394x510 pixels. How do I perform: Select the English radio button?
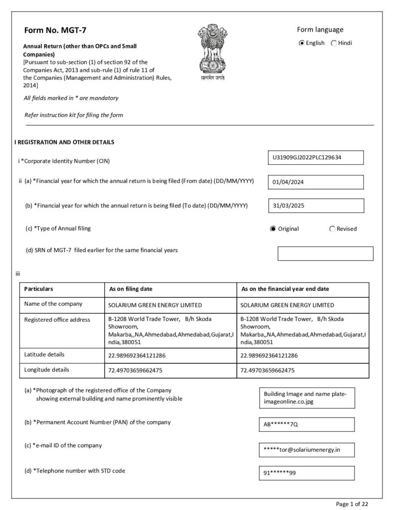[301, 43]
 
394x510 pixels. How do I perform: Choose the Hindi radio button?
[334, 43]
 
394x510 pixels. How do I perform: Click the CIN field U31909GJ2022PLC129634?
[315, 157]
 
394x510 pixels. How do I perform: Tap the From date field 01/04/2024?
[315, 182]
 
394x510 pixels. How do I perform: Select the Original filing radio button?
[273, 229]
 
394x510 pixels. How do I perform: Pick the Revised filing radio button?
[332, 229]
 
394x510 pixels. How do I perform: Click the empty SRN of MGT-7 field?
[325, 253]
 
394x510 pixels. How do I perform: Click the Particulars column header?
[39, 289]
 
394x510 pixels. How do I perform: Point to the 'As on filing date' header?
[131, 289]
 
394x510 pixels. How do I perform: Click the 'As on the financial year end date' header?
[285, 289]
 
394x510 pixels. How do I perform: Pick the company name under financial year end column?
[287, 305]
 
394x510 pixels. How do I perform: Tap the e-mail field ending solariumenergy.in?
[307, 450]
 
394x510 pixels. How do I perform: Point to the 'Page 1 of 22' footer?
[352, 504]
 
